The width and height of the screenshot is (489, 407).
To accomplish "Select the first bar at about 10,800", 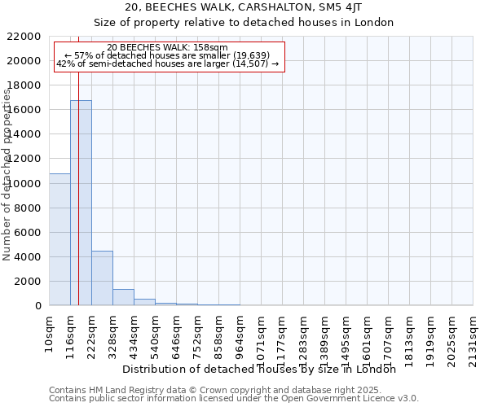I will tap(59, 239).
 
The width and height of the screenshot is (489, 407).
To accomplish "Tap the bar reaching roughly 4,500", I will tap(102, 278).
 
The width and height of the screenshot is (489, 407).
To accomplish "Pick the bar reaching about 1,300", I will tap(123, 297).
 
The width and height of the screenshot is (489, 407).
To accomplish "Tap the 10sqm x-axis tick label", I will tap(50, 332).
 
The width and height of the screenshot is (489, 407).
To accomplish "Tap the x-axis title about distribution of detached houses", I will tap(264, 369).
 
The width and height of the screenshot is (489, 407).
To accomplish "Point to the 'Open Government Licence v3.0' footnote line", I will tap(234, 398).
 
